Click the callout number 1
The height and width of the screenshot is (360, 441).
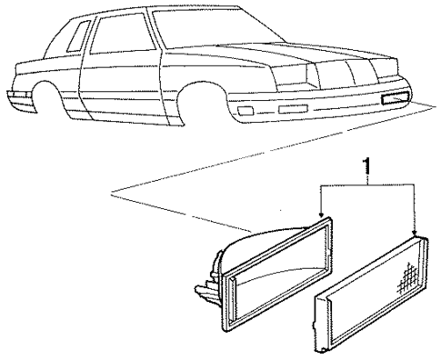(x=366, y=167)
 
